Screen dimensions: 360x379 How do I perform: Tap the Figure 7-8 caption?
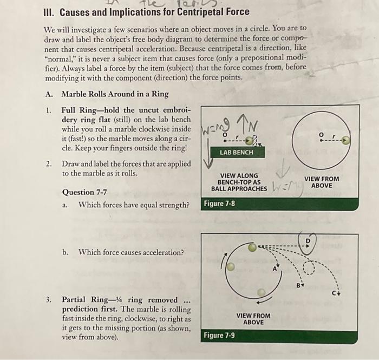(219, 204)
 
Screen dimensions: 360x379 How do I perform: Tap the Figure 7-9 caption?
(219, 336)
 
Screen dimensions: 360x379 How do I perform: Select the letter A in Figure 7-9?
(275, 268)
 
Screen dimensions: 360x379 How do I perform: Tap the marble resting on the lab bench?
(251, 140)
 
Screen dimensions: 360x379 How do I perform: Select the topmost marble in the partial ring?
(252, 247)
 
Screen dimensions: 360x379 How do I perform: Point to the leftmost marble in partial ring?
(231, 266)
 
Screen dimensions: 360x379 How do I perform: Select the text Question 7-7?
(84, 192)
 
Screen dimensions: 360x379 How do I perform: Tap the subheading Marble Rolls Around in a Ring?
(115, 94)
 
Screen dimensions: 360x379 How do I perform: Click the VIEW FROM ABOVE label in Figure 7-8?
(322, 181)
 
